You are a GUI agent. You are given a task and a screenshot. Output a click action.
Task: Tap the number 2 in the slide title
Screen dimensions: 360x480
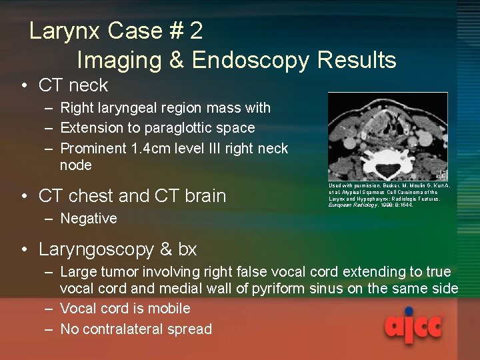[196, 31]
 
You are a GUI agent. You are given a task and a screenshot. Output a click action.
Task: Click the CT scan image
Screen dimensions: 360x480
[387, 136]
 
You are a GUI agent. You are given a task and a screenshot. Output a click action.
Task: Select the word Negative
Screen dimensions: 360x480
[88, 219]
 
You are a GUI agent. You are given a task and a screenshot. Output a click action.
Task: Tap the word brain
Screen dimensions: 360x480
[203, 196]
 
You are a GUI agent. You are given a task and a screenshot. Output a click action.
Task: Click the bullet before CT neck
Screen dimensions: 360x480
[23, 85]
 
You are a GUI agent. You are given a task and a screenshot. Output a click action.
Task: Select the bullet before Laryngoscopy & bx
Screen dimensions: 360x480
[23, 249]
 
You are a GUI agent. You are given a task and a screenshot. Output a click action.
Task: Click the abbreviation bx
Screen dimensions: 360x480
[187, 249]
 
